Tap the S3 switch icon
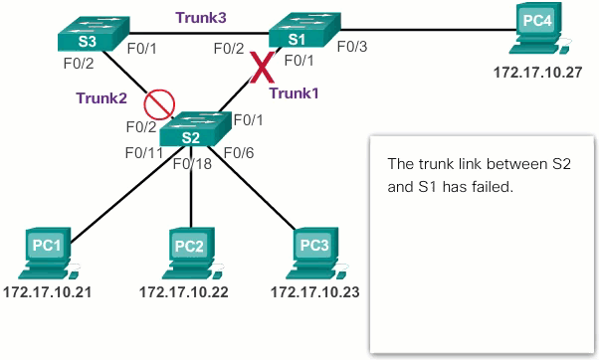pos(89,36)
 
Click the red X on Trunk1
pos(263,69)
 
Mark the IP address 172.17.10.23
pos(314,292)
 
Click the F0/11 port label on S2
pos(142,152)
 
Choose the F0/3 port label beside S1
pos(353,46)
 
